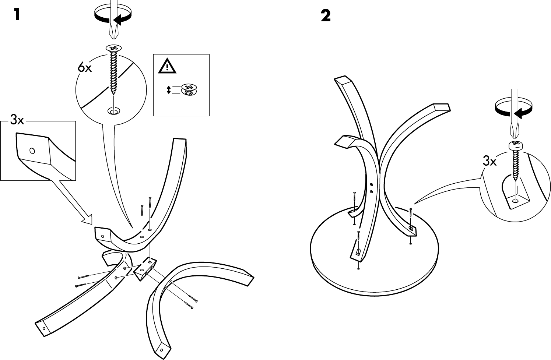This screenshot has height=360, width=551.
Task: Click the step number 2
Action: [x=326, y=15]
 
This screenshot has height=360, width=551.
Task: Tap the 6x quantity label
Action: [x=85, y=68]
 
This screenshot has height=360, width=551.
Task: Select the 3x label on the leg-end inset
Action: [x=17, y=120]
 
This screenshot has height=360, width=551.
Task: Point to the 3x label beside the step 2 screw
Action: [x=489, y=161]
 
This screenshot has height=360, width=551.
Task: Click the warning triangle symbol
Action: [x=168, y=67]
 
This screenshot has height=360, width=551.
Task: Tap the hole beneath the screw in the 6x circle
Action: [x=113, y=110]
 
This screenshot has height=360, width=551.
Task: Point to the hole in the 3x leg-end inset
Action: [x=32, y=151]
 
